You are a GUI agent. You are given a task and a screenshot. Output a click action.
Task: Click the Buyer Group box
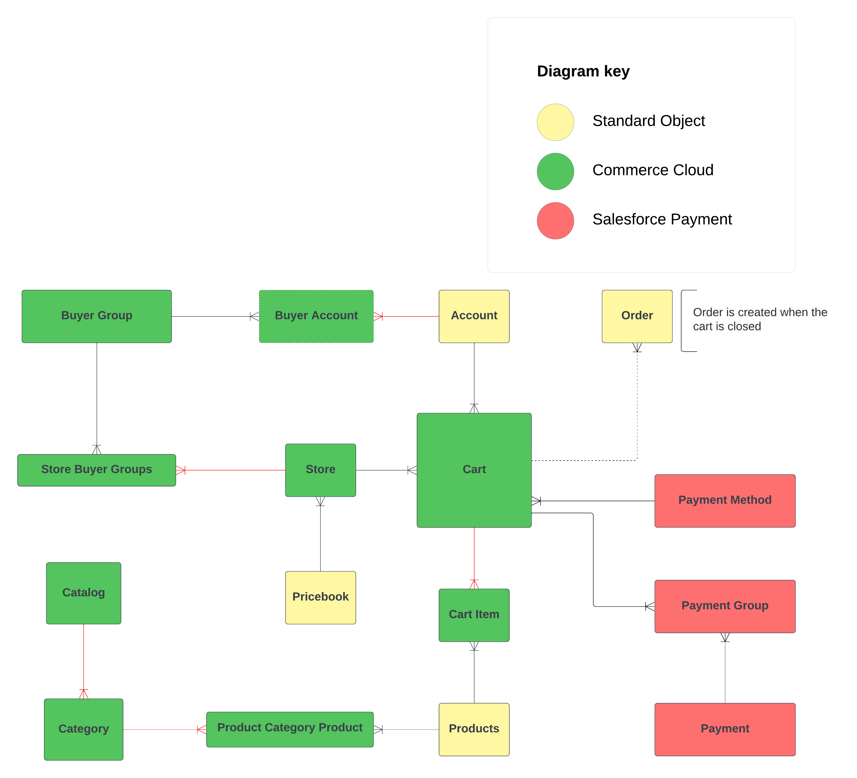pyautogui.click(x=97, y=316)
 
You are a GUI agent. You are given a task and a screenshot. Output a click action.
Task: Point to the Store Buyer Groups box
pyautogui.click(x=97, y=470)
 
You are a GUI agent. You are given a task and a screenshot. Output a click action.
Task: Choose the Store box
pyautogui.click(x=320, y=470)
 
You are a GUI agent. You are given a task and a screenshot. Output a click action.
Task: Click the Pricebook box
pyautogui.click(x=320, y=597)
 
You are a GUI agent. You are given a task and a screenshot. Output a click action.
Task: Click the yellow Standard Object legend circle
pyautogui.click(x=555, y=122)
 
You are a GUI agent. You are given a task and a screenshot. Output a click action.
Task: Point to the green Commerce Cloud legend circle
pyautogui.click(x=555, y=171)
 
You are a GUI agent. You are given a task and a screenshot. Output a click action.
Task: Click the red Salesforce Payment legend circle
pyautogui.click(x=555, y=221)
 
